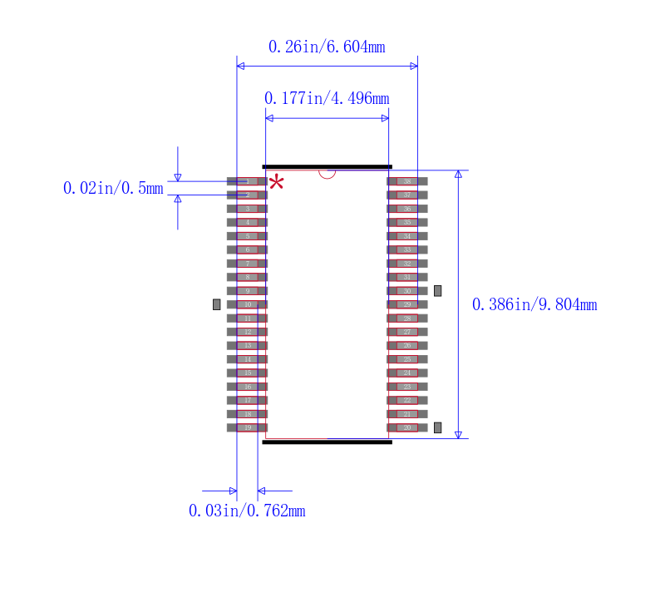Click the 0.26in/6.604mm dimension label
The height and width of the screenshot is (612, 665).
(327, 47)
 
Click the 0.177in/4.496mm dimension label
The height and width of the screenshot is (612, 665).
(327, 99)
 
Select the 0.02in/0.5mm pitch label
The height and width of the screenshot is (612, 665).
(113, 189)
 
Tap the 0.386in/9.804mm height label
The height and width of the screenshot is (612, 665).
(534, 305)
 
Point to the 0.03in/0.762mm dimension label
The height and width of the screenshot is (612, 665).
(247, 511)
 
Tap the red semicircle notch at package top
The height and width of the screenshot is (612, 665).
(328, 173)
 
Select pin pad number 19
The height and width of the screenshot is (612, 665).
(248, 427)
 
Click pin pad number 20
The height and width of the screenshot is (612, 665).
(407, 427)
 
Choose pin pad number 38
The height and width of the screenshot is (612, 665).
(407, 181)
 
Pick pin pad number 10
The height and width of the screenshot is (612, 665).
(248, 304)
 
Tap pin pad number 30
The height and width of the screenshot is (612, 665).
(407, 291)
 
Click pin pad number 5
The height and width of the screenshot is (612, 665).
(248, 236)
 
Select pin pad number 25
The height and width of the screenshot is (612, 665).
(407, 359)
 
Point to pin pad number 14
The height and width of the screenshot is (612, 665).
(248, 359)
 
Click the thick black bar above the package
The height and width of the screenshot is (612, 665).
(327, 166)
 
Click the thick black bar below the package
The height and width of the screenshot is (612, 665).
(327, 442)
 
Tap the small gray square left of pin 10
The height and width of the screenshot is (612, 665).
(217, 304)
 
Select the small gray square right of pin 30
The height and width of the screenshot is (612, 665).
(438, 291)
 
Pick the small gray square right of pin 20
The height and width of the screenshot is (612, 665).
(438, 427)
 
